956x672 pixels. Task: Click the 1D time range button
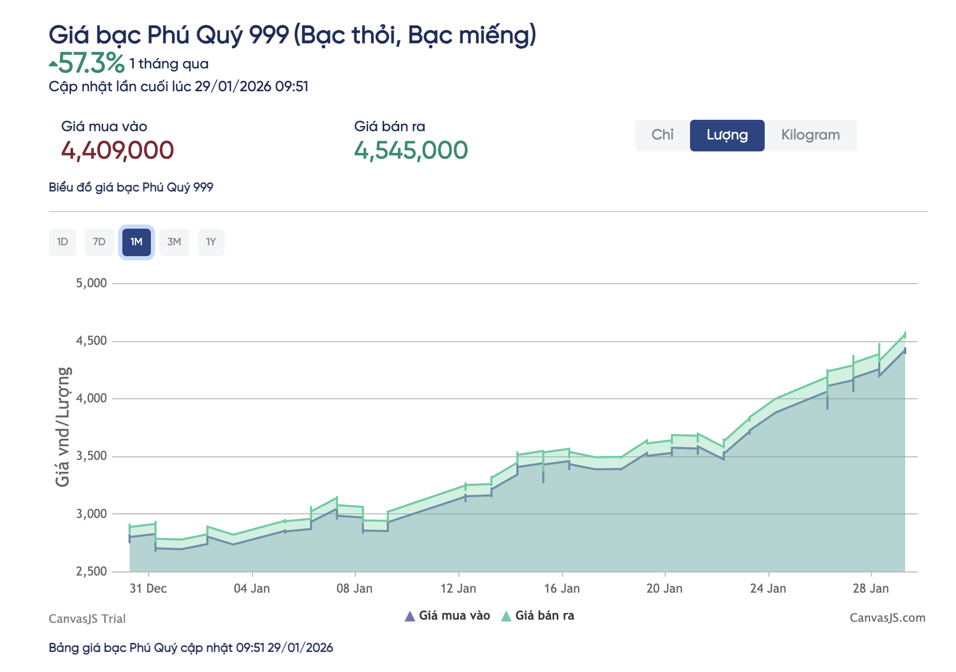point(62,242)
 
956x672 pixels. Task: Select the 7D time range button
point(99,242)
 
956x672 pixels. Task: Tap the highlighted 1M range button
point(136,242)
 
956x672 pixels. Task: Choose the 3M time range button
point(174,242)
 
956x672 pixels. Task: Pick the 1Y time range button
point(211,242)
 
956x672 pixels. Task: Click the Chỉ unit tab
point(662,135)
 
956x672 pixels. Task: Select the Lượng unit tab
point(727,135)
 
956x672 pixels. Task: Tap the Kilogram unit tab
point(810,135)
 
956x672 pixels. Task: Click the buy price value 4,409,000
point(117,151)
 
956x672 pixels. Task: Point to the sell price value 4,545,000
point(411,151)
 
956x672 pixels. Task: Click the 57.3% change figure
point(91,63)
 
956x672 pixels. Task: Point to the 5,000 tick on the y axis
point(91,283)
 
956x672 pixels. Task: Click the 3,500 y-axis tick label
point(91,456)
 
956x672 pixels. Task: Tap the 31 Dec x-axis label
point(148,589)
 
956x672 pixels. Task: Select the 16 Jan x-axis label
point(562,589)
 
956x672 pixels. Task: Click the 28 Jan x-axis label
point(870,589)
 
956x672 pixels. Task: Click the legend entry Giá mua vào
point(448,615)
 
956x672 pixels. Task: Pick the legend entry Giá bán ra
point(539,615)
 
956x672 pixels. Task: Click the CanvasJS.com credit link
point(887,618)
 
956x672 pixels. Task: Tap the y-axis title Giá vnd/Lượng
point(63,427)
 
